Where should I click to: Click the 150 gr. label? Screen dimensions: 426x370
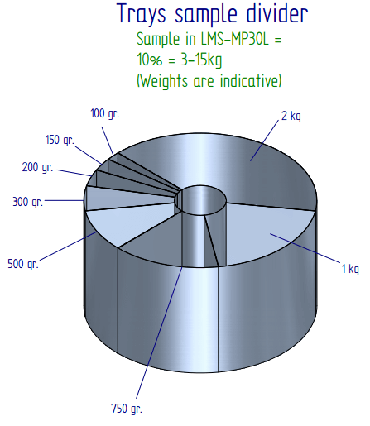[60, 140]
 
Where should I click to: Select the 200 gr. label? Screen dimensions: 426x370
[37, 168]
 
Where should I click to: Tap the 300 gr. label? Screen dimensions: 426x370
[27, 202]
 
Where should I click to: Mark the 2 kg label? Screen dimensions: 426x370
[291, 116]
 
